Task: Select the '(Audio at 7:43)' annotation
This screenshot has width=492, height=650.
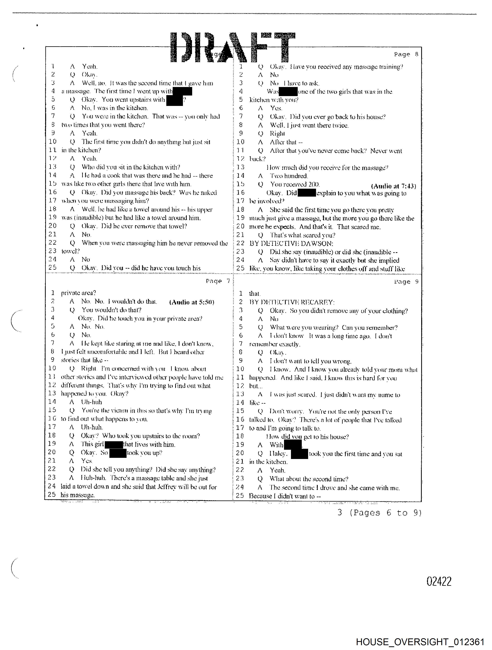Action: click(x=393, y=186)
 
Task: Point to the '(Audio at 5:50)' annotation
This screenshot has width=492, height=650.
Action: click(x=192, y=302)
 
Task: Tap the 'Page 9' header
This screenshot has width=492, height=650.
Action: click(x=406, y=282)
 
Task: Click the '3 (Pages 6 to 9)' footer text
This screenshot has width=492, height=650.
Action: click(x=379, y=513)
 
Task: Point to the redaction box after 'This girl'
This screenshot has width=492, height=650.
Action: click(x=114, y=444)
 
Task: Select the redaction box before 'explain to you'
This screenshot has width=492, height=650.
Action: click(x=307, y=193)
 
